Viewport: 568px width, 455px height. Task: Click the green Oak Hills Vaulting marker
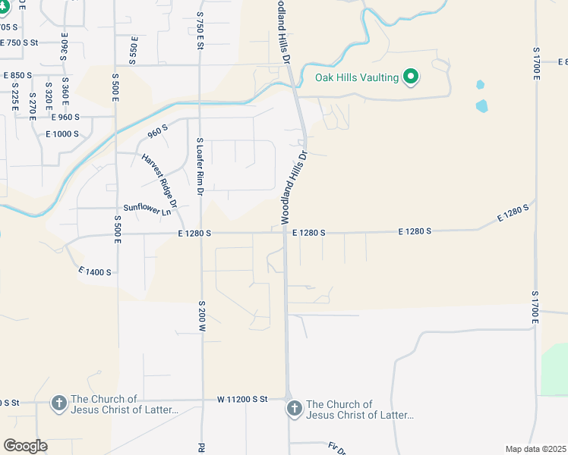(412, 76)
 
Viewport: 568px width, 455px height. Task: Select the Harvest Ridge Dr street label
(159, 180)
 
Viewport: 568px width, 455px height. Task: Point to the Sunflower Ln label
(147, 210)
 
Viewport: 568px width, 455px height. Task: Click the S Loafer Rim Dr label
(200, 168)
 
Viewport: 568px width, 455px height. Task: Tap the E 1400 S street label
(95, 271)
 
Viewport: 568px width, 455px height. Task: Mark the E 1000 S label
(62, 133)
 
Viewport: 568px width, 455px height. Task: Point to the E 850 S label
(17, 75)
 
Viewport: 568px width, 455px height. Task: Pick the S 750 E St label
(200, 30)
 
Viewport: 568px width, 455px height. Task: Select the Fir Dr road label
(337, 448)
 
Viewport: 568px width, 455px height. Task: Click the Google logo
(25, 446)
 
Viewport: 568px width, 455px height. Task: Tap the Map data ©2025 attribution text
(535, 449)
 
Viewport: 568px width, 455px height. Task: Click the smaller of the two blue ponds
(480, 85)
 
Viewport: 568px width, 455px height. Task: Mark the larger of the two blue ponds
(482, 105)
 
